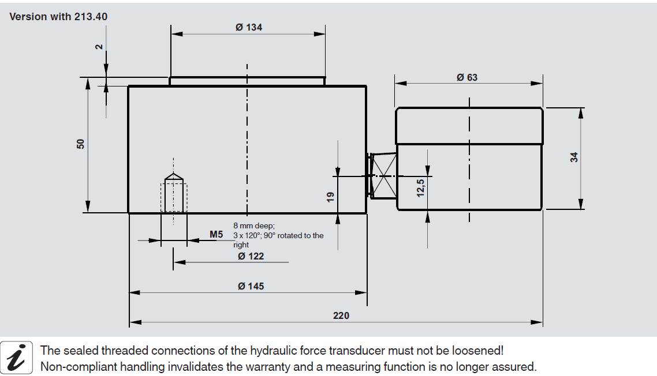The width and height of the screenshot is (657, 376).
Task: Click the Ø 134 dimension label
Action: point(249,27)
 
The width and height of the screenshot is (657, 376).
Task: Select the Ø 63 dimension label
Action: point(467,77)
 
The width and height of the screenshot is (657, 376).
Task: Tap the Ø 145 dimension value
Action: point(251,286)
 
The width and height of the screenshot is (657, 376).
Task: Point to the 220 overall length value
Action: point(341,315)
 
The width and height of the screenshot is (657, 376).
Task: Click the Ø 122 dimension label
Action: point(251,256)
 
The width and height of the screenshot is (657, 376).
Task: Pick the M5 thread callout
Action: point(216,235)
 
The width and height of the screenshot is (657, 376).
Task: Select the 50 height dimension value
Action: point(81,144)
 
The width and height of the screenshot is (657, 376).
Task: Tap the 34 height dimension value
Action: point(574,157)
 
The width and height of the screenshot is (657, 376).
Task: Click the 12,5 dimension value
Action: point(420,189)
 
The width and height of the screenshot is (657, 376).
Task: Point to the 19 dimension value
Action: point(330,197)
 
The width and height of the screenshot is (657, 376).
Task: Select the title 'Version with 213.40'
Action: point(58,16)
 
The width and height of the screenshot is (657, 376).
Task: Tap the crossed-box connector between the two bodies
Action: point(383,175)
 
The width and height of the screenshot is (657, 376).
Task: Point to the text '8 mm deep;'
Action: point(253,226)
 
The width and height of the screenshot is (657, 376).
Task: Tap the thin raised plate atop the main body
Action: point(247,81)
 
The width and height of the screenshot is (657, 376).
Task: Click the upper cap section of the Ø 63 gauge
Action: point(469,126)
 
